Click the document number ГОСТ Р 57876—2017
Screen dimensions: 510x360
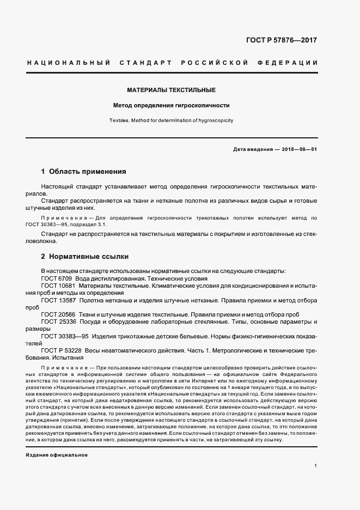(x=281, y=40)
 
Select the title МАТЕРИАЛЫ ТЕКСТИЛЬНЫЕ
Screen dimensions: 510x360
(x=172, y=90)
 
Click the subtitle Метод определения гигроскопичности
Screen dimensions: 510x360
(x=171, y=105)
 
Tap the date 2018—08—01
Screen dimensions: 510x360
(x=299, y=149)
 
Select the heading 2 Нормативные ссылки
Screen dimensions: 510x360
(x=85, y=256)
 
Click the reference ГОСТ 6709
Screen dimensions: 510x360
(x=56, y=278)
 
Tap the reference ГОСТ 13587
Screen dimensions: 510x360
(x=58, y=300)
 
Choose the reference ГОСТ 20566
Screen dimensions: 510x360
(x=58, y=315)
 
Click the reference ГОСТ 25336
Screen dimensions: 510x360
(x=58, y=322)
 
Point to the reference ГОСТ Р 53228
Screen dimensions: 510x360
(x=62, y=351)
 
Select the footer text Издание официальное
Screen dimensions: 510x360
(x=57, y=454)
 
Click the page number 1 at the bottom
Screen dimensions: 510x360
(x=316, y=466)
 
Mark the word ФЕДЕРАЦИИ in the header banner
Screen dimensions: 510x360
(x=291, y=63)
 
